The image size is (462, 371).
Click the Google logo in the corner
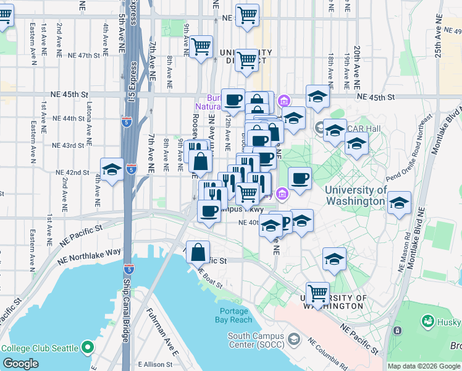tap(21, 364)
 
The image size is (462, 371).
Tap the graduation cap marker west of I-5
tap(112, 169)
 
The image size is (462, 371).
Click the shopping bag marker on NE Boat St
tap(198, 252)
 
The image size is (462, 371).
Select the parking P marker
tap(285, 221)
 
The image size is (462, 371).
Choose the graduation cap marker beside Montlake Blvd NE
tap(398, 203)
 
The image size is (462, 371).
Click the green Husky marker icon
tap(427, 322)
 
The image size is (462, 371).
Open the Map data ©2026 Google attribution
tap(424, 366)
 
